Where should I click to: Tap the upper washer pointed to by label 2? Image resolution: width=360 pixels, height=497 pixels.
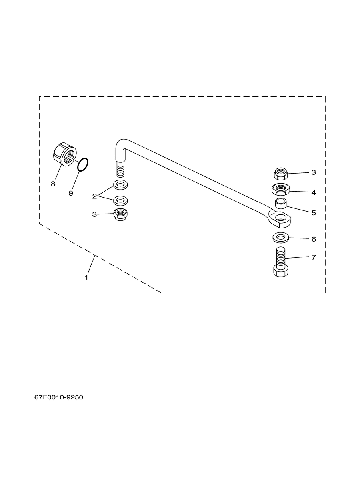click(x=120, y=185)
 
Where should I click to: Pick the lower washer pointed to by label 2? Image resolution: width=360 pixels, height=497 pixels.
click(x=120, y=200)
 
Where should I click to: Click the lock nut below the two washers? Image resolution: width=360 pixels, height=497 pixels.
click(x=120, y=215)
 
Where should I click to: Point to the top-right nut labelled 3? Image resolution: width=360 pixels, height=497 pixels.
click(x=281, y=174)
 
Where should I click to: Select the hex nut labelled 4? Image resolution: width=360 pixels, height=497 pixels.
click(x=281, y=189)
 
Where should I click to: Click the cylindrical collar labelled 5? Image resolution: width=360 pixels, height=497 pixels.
click(x=281, y=203)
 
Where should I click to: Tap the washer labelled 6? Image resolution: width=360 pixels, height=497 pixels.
click(x=281, y=238)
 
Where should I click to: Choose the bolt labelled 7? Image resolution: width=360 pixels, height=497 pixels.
click(x=281, y=262)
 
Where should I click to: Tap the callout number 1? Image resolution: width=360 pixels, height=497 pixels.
click(x=86, y=277)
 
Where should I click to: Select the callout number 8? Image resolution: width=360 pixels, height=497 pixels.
click(x=53, y=184)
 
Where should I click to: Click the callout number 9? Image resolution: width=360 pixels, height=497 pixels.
click(x=71, y=193)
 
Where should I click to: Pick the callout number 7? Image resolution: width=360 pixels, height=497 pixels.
click(x=313, y=257)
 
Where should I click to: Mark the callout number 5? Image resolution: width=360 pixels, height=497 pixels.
click(x=313, y=213)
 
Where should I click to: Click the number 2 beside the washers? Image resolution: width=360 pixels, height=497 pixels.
click(x=94, y=196)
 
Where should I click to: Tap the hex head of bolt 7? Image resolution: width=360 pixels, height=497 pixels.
click(x=281, y=271)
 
